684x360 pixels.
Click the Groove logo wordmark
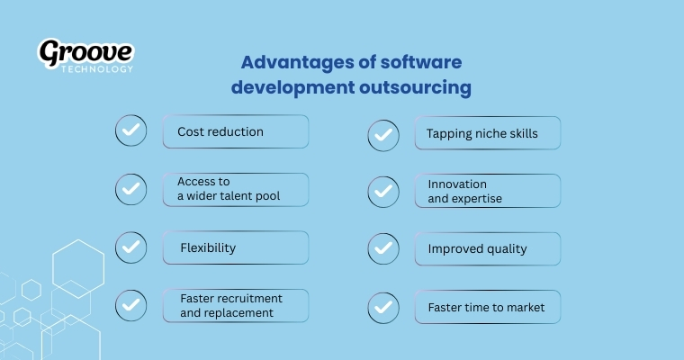(x=85, y=52)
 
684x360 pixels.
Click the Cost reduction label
(x=220, y=131)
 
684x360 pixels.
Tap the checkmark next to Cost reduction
(x=131, y=131)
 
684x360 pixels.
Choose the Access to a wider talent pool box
(x=235, y=189)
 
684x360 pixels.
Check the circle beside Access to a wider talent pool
(x=131, y=189)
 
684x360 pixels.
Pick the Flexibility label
(x=209, y=247)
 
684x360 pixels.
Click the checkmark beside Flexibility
(x=131, y=247)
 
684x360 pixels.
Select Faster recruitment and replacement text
(x=229, y=305)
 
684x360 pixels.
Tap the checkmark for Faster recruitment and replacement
(x=131, y=305)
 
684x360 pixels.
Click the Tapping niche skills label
(x=481, y=134)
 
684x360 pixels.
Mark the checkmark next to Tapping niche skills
(x=383, y=135)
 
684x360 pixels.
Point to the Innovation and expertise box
(x=487, y=191)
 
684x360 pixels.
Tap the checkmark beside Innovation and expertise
(x=383, y=191)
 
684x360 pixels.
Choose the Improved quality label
(x=477, y=249)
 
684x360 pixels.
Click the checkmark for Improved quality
(x=383, y=249)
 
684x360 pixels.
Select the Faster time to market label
(x=486, y=308)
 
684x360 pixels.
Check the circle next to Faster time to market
(x=383, y=308)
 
